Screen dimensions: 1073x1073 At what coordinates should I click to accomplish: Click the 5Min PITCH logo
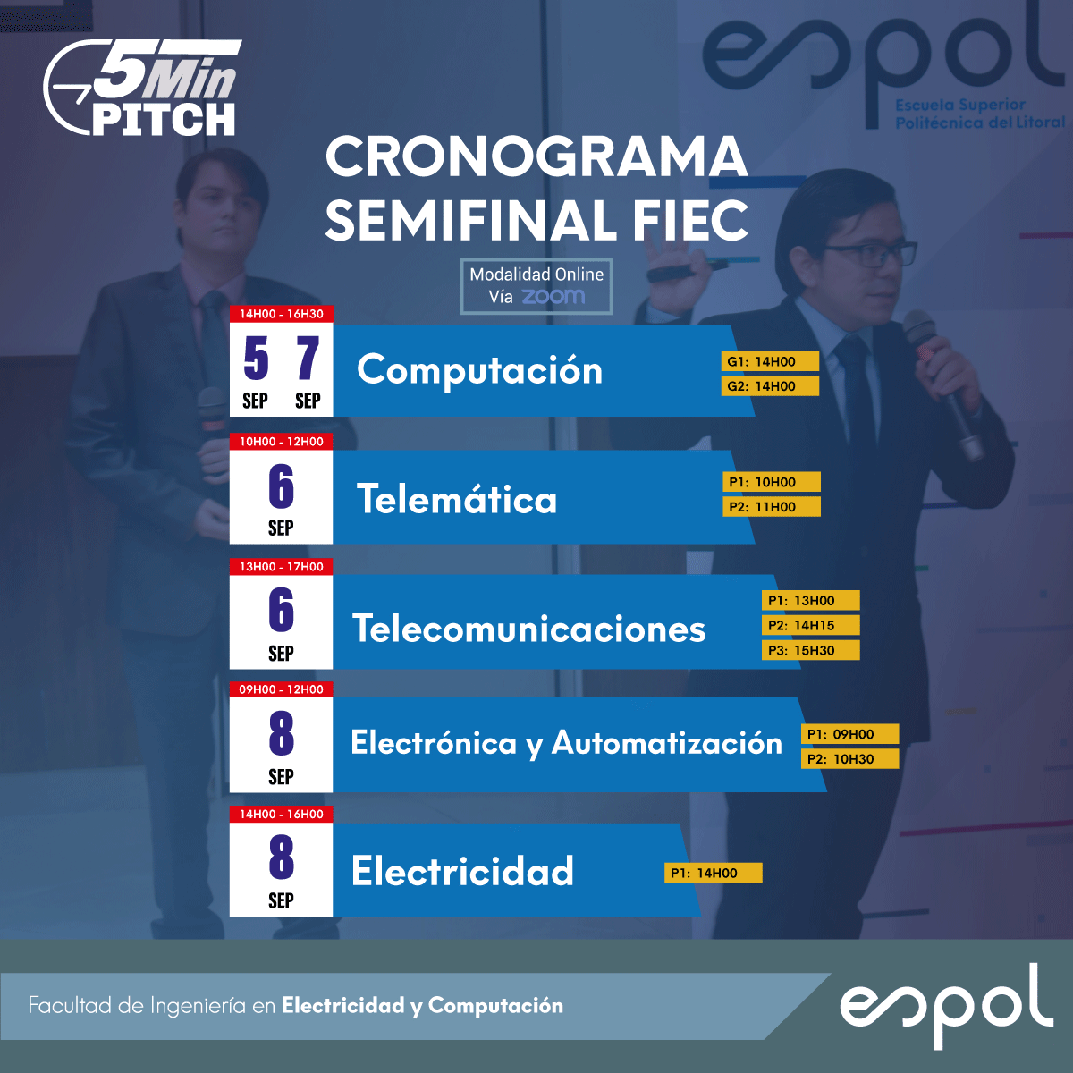[x=143, y=88]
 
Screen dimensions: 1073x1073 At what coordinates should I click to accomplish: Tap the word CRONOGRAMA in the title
[x=536, y=157]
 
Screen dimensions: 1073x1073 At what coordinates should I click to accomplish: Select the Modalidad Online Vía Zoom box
[x=536, y=286]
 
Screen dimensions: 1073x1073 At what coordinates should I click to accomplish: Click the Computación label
[x=480, y=369]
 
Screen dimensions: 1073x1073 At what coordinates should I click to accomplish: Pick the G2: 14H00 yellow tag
[x=770, y=386]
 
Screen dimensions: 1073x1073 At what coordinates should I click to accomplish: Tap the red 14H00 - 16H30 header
[x=281, y=314]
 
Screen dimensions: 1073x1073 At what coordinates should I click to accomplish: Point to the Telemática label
[x=457, y=498]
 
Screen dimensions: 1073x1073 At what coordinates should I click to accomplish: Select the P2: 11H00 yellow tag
[x=772, y=507]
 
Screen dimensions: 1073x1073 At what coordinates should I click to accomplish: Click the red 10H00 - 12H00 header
[x=281, y=442]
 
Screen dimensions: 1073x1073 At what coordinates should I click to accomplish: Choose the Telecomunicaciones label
[x=529, y=628]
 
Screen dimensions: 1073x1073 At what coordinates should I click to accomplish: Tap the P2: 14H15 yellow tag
[x=811, y=625]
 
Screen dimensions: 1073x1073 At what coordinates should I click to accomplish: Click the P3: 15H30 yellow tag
[x=811, y=650]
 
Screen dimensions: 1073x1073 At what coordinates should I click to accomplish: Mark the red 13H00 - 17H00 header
[x=281, y=567]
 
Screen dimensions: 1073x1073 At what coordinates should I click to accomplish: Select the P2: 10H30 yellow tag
[x=849, y=759]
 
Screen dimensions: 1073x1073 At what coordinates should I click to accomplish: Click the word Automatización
[x=666, y=743]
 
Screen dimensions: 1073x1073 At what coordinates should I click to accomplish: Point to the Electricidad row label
[x=462, y=871]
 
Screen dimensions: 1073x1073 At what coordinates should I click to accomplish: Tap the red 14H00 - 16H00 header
[x=281, y=814]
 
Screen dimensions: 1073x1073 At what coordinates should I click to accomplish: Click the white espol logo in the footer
[x=946, y=1006]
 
